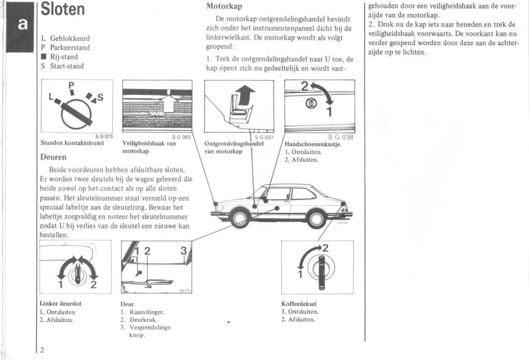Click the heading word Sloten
click(63, 10)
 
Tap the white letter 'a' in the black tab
click(22, 25)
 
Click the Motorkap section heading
click(224, 7)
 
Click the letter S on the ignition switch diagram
click(100, 97)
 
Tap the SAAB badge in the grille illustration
click(157, 113)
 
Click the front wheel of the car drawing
click(240, 218)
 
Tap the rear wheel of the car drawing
click(316, 218)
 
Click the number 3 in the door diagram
click(183, 251)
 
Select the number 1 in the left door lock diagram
click(60, 284)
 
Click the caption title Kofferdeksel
click(299, 304)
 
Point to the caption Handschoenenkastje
click(313, 144)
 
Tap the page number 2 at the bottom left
click(42, 350)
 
